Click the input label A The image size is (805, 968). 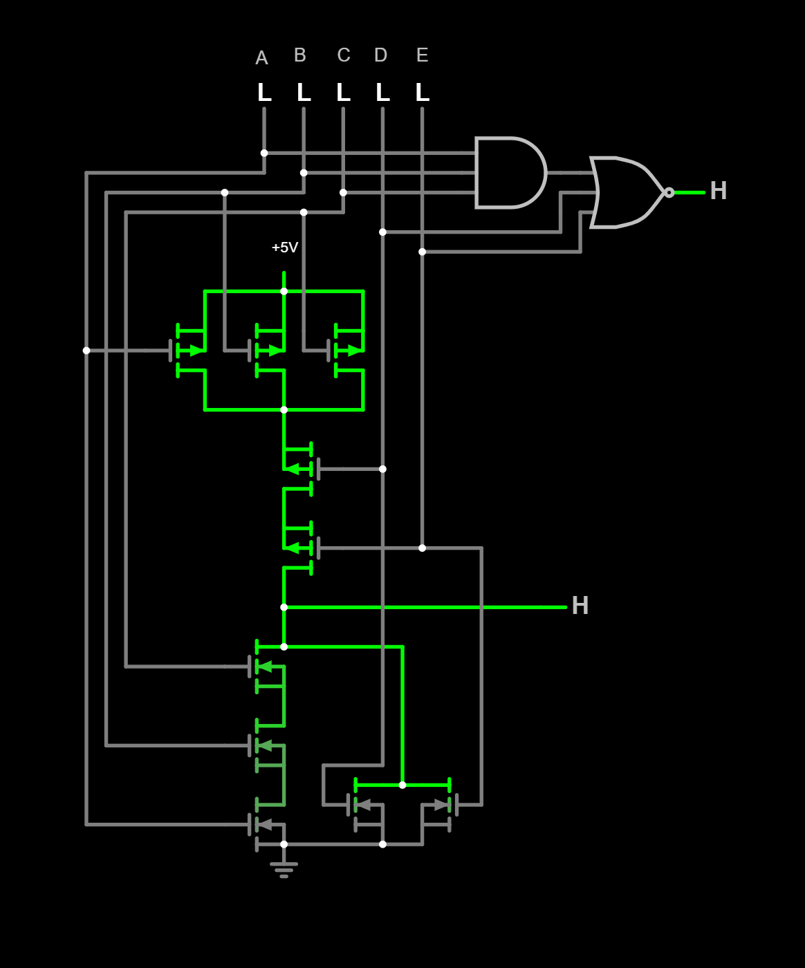tap(261, 58)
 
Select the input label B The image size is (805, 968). tap(300, 55)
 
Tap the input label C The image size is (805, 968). tap(344, 55)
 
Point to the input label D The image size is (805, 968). tap(381, 55)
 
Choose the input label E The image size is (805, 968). tap(423, 55)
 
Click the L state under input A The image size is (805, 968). tap(264, 93)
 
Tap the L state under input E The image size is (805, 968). tap(423, 93)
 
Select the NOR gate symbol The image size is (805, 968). tap(626, 192)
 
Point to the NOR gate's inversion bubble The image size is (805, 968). tap(669, 192)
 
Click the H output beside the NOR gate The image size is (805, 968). tap(719, 192)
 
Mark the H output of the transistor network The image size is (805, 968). tap(580, 606)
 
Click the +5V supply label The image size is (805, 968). tap(285, 248)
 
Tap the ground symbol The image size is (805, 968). tap(284, 869)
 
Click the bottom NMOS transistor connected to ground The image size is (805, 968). tap(266, 824)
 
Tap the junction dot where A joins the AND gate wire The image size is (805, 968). tap(264, 153)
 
